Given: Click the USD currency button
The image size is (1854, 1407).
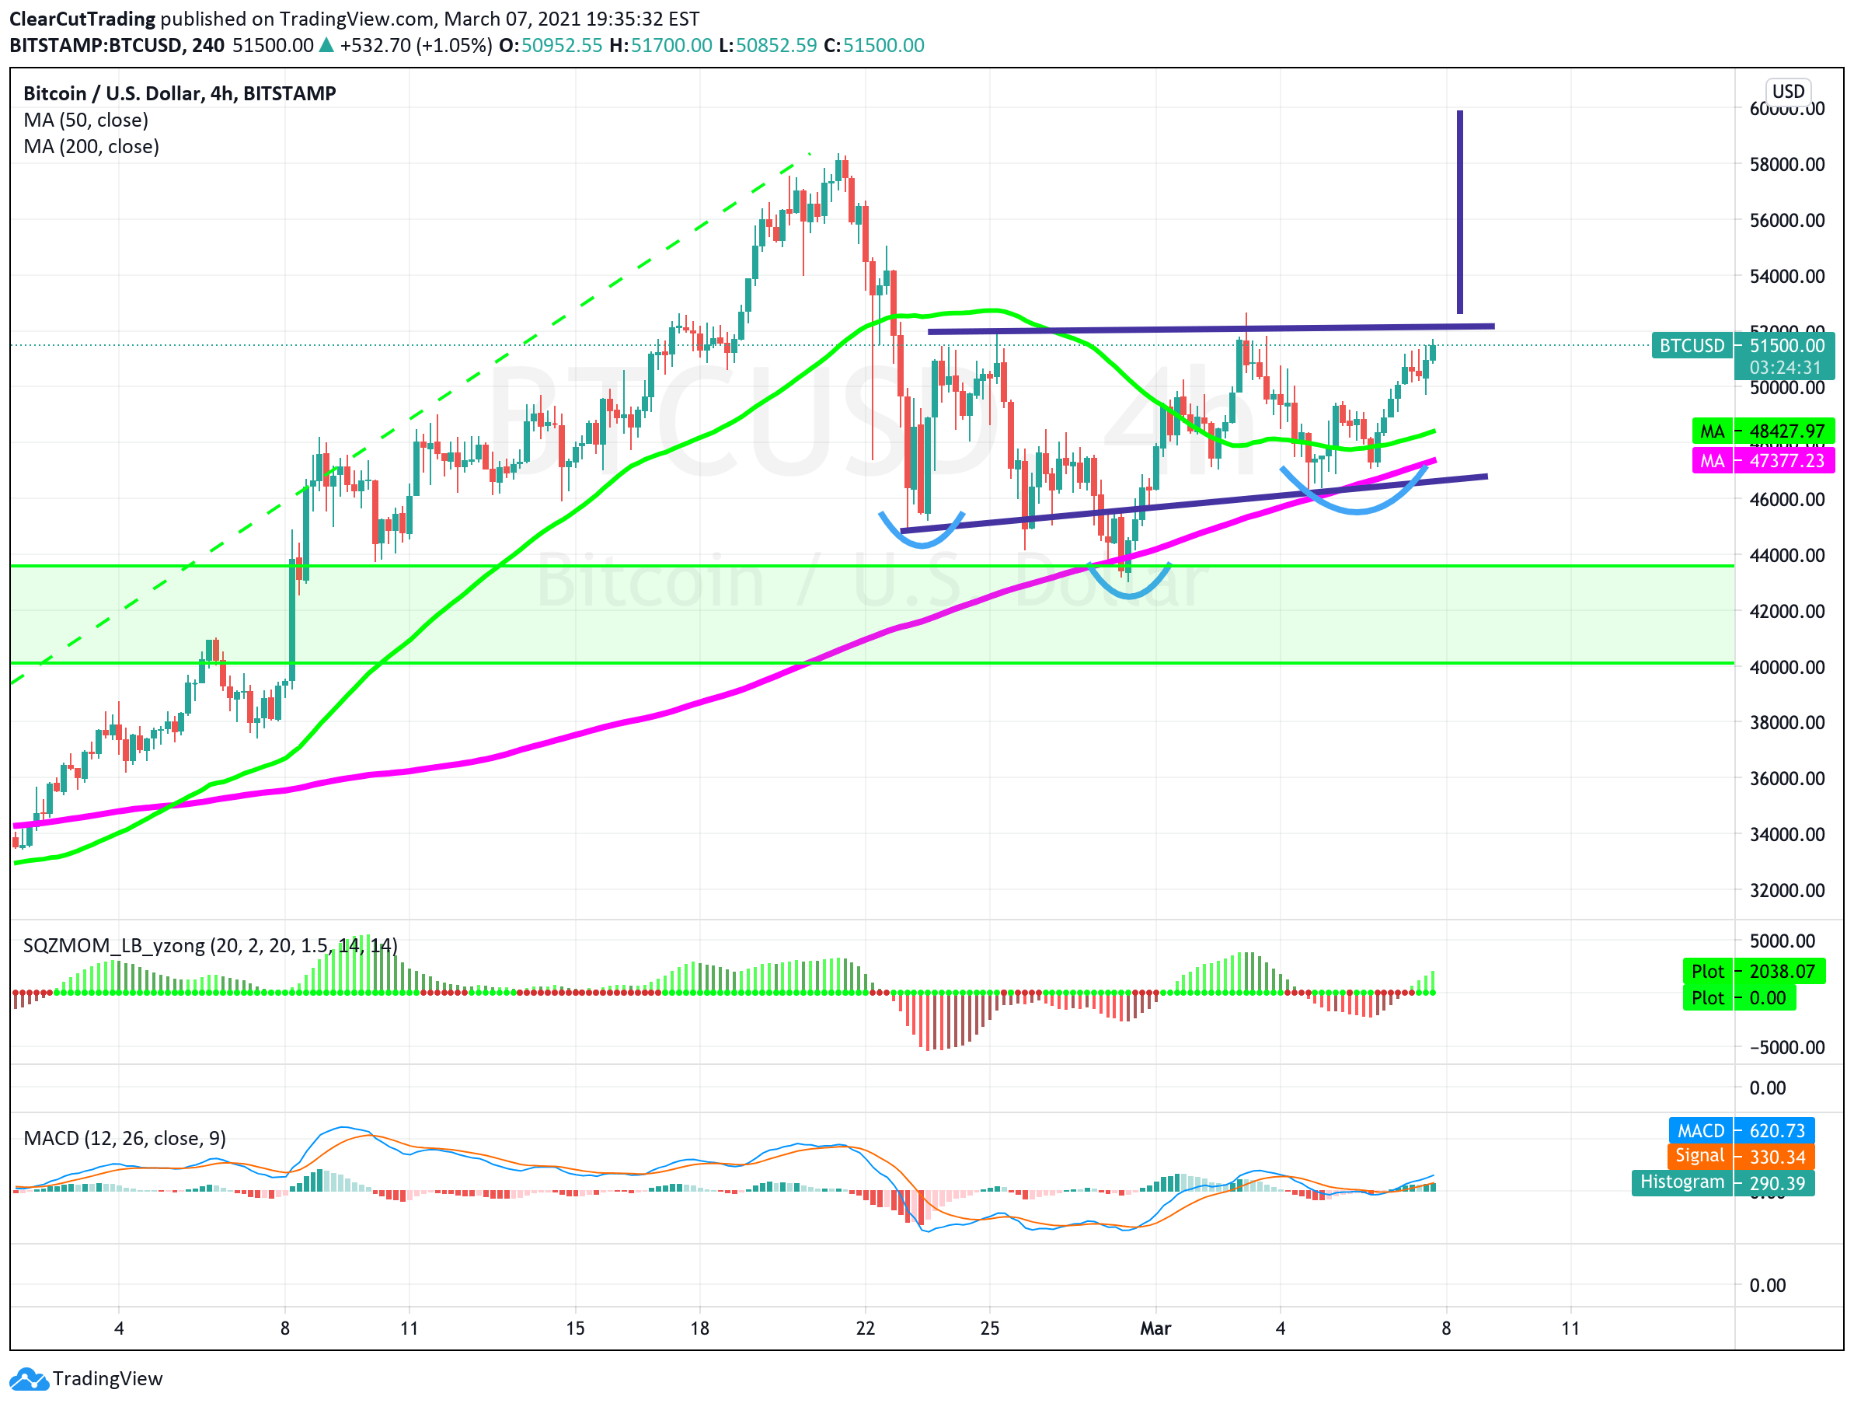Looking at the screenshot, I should point(1787,92).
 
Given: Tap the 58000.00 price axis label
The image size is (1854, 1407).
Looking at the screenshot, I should point(1786,164).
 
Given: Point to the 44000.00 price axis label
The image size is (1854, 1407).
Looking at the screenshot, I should point(1786,555).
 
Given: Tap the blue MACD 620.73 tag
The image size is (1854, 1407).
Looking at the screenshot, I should point(1741,1130).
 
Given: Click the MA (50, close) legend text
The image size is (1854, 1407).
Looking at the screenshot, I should point(85,120).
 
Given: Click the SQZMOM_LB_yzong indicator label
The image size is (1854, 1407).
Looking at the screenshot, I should point(210,946).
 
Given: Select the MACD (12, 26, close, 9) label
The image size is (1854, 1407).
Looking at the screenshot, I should point(124,1138).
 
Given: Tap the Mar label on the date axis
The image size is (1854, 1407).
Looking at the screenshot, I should point(1155,1328).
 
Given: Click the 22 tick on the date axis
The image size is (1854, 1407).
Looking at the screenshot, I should point(865,1328).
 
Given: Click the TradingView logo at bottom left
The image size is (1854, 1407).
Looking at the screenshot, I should point(86,1378).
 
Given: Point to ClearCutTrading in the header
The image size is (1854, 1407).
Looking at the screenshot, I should point(82,19).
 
